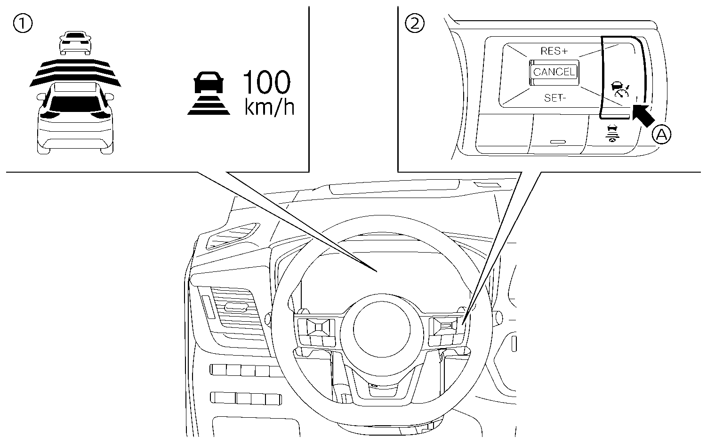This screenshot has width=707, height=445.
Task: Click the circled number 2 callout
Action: coord(415,24)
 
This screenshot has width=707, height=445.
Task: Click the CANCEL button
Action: coord(554,72)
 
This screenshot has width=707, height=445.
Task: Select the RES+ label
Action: coord(554,51)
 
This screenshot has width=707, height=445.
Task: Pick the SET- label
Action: coord(555,98)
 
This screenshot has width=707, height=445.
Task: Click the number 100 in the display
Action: coord(266,84)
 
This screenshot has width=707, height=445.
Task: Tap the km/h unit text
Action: coord(269,107)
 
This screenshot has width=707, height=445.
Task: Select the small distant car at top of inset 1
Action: coord(75,43)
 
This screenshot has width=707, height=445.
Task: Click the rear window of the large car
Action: coord(75,103)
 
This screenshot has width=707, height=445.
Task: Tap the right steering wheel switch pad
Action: coord(446,329)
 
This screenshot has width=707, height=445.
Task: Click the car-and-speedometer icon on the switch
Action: coord(620,89)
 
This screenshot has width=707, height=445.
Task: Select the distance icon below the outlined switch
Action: coord(612,134)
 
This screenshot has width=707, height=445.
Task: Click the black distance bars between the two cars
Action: coord(75,73)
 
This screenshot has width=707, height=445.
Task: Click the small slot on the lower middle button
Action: coord(559,141)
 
